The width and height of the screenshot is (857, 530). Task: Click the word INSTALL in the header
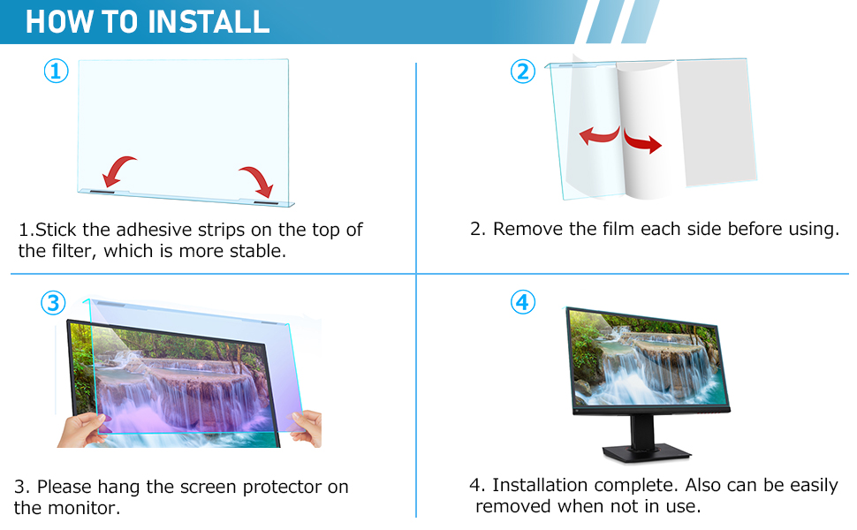209,21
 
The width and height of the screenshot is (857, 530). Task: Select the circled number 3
53,303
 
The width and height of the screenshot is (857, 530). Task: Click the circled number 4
523,302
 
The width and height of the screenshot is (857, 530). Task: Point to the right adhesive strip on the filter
266,203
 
